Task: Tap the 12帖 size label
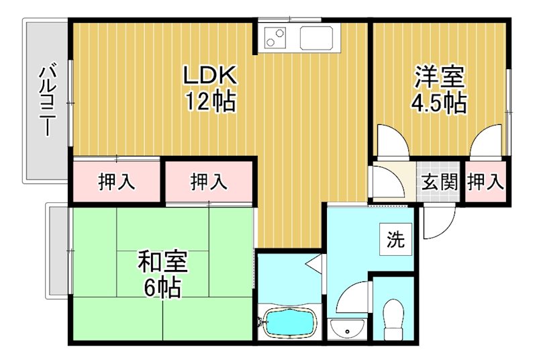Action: coord(209,102)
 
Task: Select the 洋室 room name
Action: coord(439,76)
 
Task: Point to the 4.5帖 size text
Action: coord(439,103)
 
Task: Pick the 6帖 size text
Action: coord(162,287)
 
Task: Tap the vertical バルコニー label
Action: coord(47,101)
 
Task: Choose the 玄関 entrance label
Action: coord(440,181)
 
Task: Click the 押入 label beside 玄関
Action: coord(485,181)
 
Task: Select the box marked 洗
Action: coord(396,240)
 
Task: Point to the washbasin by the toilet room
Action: coord(348,328)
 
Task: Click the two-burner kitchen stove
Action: coord(277,38)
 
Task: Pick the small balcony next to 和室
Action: coord(56,250)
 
